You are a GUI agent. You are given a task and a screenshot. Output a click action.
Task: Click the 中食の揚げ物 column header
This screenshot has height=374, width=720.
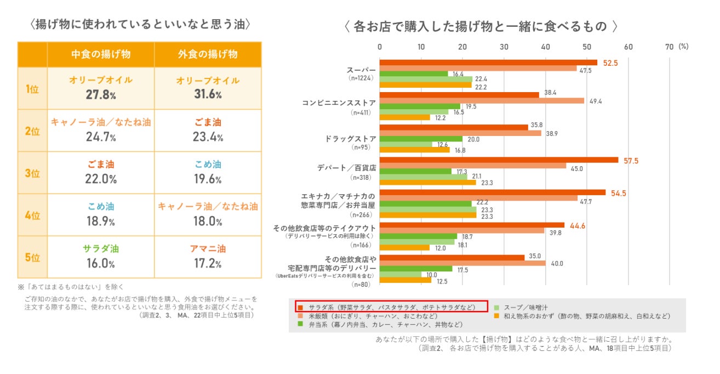(x=100, y=54)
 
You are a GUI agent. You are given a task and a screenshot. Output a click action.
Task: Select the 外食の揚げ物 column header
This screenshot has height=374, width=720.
(x=208, y=54)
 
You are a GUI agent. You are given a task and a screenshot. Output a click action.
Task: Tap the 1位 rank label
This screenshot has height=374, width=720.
(x=32, y=88)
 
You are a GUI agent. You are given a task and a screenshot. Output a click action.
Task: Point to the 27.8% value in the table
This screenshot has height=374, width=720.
(x=101, y=94)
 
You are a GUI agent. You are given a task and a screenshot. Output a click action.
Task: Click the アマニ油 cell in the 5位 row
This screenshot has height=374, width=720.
(x=208, y=248)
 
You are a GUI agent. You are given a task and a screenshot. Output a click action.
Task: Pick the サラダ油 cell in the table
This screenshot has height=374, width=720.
(x=101, y=248)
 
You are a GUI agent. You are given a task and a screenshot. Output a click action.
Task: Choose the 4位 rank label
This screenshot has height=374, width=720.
(x=32, y=215)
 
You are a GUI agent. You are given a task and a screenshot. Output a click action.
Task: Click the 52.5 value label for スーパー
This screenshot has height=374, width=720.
(x=610, y=63)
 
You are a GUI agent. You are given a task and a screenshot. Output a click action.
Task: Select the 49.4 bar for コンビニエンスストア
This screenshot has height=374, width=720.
(x=482, y=101)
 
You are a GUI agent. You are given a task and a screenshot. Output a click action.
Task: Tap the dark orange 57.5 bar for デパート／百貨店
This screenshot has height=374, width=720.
(x=499, y=160)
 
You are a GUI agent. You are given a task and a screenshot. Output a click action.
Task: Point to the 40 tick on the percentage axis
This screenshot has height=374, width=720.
(x=545, y=47)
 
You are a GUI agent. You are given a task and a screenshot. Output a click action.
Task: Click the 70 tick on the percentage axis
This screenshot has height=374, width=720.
(x=669, y=47)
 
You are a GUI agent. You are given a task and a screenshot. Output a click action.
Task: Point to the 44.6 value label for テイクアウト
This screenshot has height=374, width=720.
(x=578, y=225)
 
